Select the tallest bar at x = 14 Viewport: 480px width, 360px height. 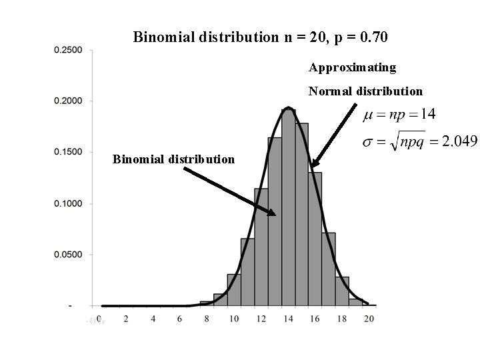288,207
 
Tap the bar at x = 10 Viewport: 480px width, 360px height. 234,289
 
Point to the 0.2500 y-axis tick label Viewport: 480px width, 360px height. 69,50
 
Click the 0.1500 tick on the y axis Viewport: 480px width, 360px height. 69,152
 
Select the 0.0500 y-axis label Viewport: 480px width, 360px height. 69,255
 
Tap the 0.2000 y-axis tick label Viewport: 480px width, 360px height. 69,101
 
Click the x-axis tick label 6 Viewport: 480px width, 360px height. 180,319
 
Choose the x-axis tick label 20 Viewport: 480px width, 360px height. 369,319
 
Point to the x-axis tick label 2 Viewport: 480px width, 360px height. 126,319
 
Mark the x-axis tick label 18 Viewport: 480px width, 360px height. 341,319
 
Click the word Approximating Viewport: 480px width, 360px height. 353,67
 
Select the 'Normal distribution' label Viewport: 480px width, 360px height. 365,91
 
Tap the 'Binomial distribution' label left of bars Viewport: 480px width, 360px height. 173,159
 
